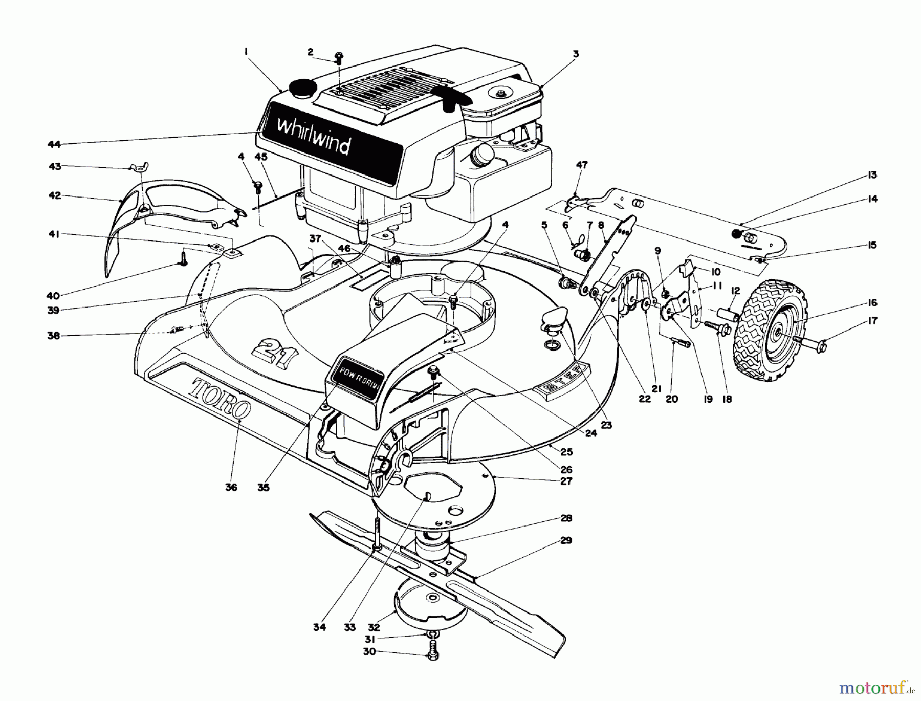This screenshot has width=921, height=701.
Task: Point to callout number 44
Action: [54, 145]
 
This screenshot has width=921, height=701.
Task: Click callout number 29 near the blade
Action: [566, 540]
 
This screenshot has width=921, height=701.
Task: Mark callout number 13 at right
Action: [872, 175]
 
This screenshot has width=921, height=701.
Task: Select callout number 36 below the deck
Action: [231, 487]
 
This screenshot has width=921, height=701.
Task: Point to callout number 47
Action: [582, 165]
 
